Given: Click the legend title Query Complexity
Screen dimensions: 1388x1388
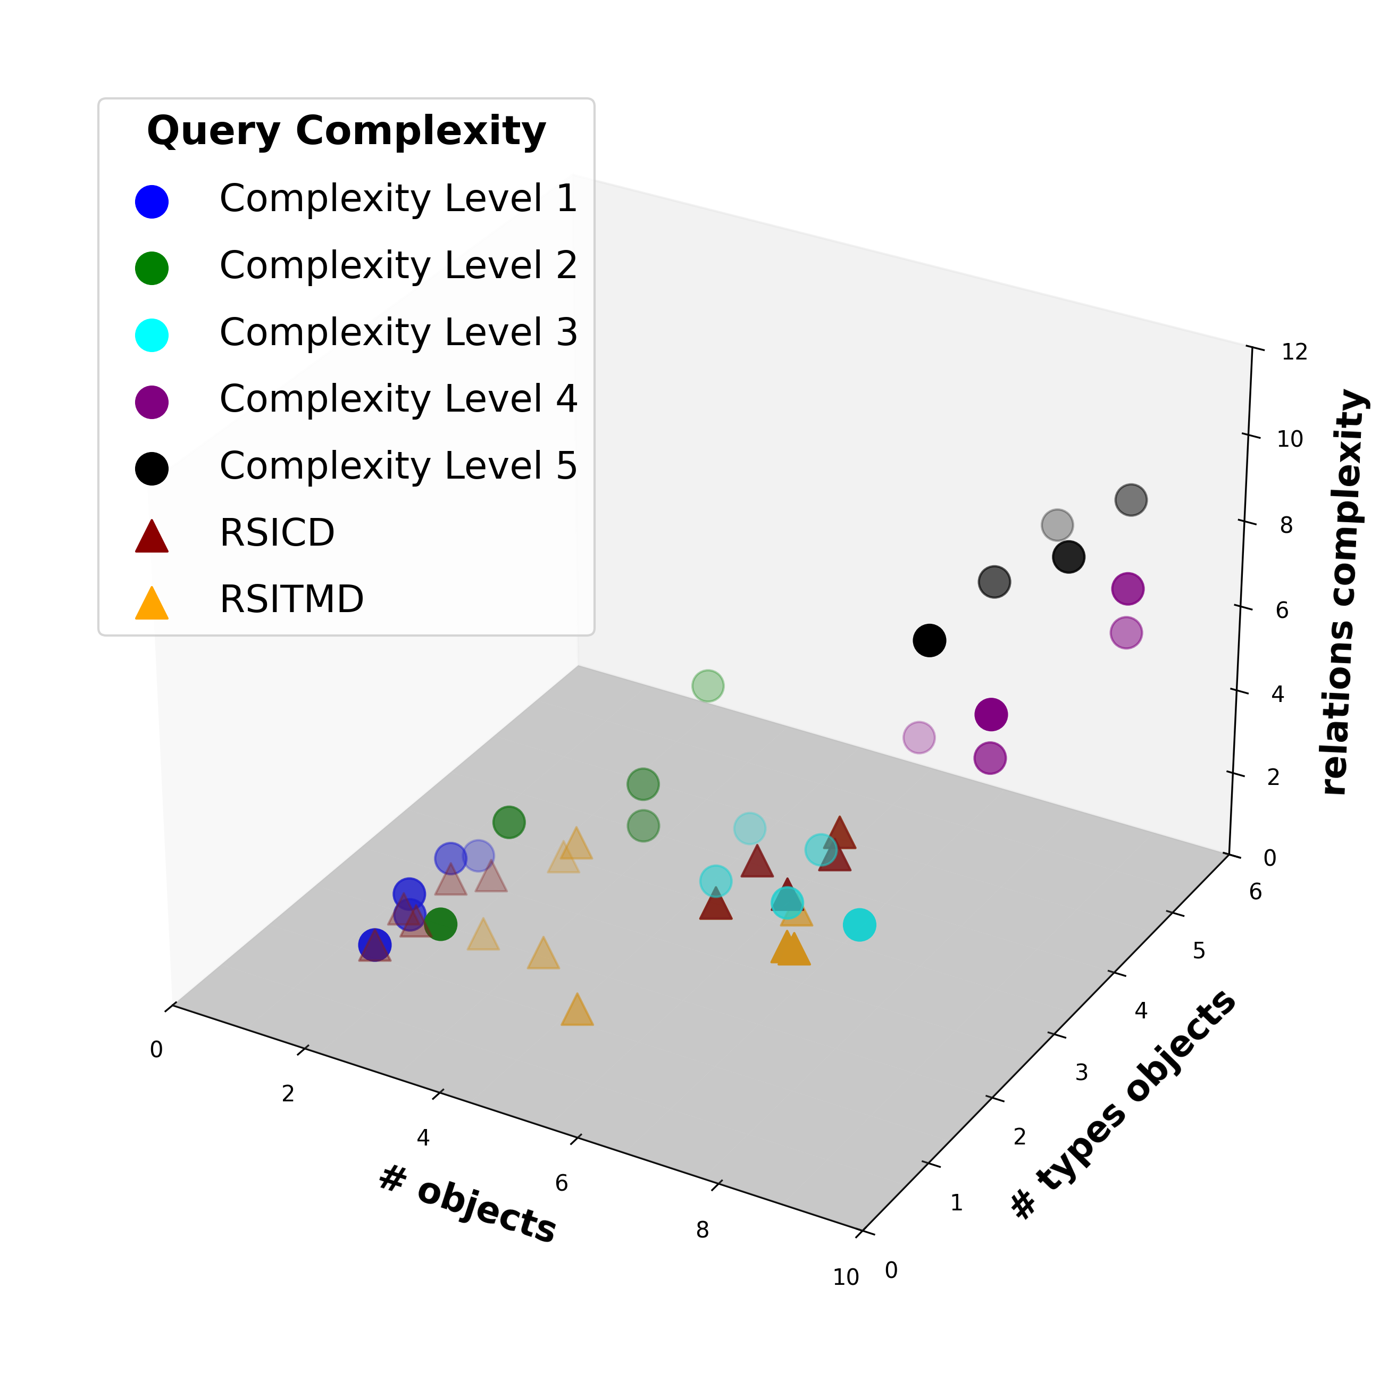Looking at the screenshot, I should (x=346, y=131).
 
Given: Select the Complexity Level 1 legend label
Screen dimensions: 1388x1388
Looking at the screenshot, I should (x=398, y=199).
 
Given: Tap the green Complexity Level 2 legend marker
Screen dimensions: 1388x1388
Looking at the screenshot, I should (x=152, y=268).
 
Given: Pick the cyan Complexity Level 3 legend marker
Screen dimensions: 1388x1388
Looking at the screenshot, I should (x=152, y=335).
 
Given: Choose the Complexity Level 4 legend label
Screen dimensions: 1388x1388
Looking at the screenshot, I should (x=398, y=399).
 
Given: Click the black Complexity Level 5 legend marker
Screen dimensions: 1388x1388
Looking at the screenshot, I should (x=152, y=469).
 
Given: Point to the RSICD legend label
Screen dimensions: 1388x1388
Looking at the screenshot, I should (x=277, y=533).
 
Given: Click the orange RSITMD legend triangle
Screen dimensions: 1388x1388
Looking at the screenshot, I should (x=152, y=604).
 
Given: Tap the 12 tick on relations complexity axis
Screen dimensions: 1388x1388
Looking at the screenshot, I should (x=1294, y=352).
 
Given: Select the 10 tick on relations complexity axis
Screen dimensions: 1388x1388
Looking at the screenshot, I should (x=1290, y=439).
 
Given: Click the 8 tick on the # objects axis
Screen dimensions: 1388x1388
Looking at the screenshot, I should (x=702, y=1230).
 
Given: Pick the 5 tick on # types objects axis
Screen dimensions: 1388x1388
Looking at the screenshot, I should (x=1198, y=950).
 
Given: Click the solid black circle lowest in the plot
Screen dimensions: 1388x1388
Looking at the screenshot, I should (x=929, y=640).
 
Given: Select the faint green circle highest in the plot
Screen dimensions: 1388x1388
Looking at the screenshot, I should (x=708, y=685).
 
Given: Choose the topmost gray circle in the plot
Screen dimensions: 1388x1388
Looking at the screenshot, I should (x=1131, y=500).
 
